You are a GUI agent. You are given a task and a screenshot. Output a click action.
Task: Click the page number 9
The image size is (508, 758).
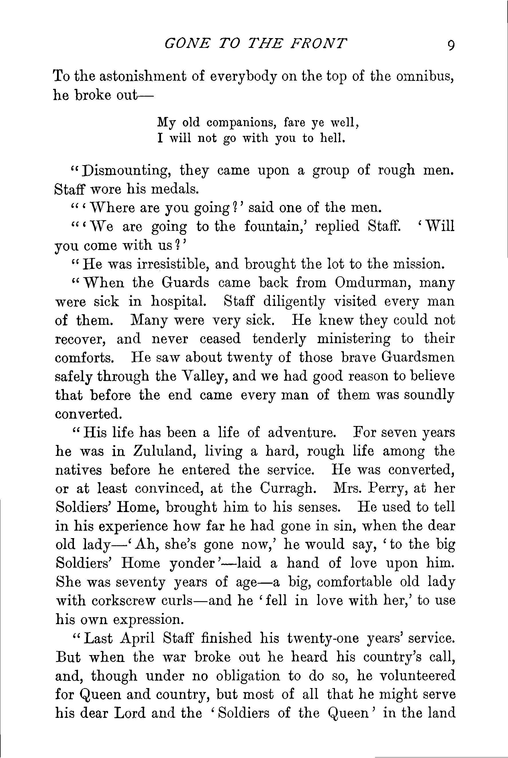[x=450, y=45]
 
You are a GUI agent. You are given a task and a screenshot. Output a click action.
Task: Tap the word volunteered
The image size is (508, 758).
[x=417, y=676]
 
